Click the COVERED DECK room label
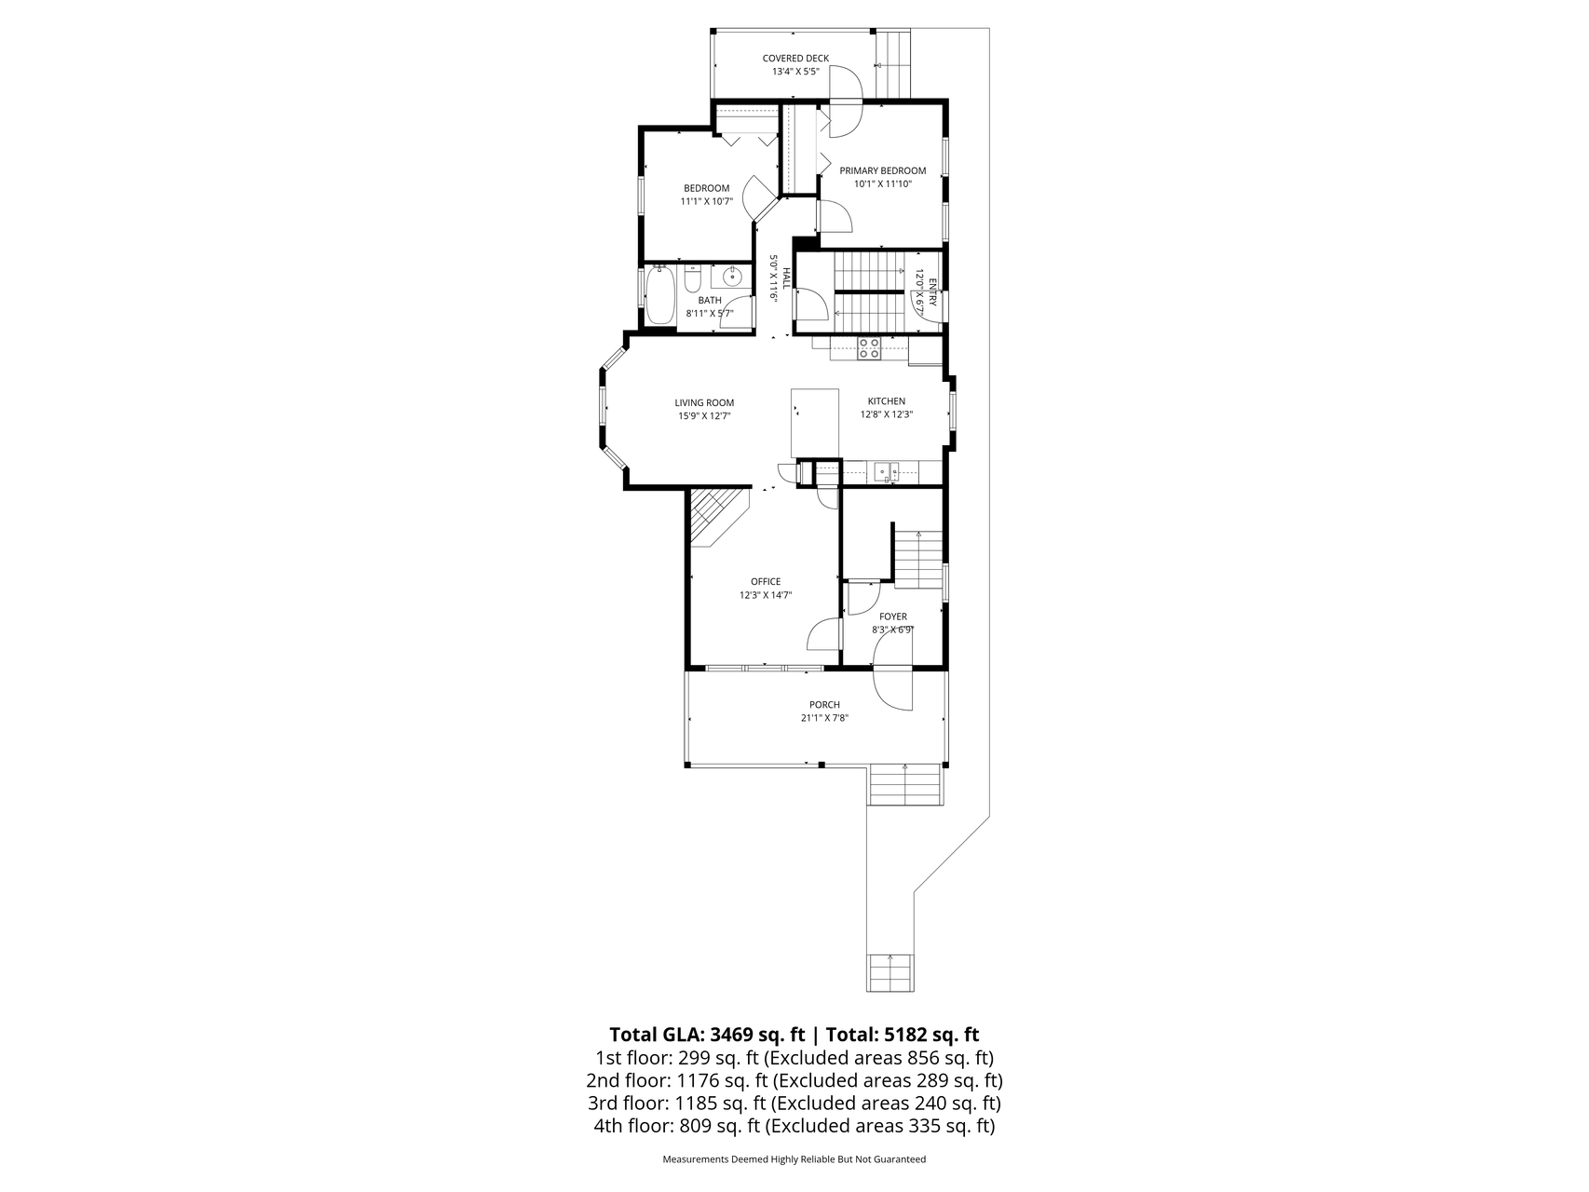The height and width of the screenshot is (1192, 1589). (x=795, y=59)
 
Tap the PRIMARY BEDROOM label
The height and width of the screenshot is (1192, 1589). (x=883, y=170)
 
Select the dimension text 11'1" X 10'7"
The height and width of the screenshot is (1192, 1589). (x=707, y=201)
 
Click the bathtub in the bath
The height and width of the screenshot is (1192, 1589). (x=659, y=295)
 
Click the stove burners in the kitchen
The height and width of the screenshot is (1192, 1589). (x=869, y=348)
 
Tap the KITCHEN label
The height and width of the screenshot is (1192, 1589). (x=887, y=401)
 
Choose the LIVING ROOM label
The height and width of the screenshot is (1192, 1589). (x=704, y=403)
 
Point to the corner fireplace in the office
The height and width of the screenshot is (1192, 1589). (x=715, y=517)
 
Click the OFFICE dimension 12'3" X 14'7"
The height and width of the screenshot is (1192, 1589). (x=766, y=595)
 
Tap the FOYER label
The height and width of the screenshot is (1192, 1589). (x=893, y=616)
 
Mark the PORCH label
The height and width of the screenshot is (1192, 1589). (x=824, y=705)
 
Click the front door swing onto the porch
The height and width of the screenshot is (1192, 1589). (x=893, y=688)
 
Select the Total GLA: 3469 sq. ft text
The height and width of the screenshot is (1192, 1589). (x=706, y=1035)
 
